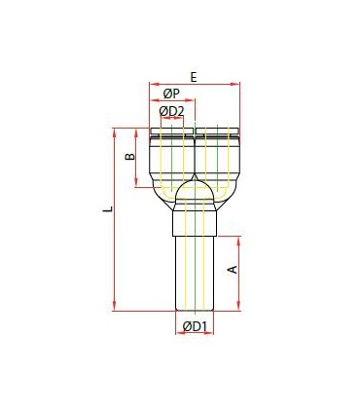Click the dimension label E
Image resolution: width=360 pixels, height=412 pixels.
click(x=194, y=77)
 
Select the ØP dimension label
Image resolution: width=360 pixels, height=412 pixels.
click(x=171, y=94)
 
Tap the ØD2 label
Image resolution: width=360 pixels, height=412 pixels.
click(x=171, y=111)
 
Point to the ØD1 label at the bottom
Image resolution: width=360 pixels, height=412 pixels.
click(x=195, y=326)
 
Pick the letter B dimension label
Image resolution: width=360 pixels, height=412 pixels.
click(x=130, y=157)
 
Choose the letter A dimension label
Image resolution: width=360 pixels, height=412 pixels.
click(x=234, y=269)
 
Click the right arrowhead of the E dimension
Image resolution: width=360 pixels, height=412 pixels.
click(x=235, y=84)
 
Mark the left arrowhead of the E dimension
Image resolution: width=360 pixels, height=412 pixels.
click(x=154, y=84)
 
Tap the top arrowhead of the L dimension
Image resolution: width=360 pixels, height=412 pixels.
click(x=114, y=132)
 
